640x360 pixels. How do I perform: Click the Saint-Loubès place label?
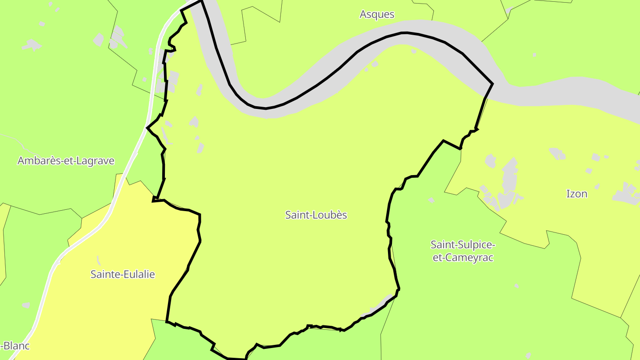pos(316,215)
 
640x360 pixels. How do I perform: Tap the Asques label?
pos(377,14)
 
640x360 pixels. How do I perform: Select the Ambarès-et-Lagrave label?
pos(66,161)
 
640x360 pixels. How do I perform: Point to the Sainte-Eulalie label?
pos(123,274)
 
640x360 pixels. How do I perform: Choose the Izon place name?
pos(576,194)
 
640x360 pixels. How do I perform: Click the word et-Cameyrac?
pos(463,257)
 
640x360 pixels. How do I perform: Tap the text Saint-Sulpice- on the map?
pos(463,245)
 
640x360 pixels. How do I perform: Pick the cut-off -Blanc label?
pos(15,346)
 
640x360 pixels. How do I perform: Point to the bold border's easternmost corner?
pos(492,84)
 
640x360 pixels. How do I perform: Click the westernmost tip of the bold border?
pos(147,128)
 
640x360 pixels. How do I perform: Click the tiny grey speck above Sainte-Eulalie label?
pos(98,259)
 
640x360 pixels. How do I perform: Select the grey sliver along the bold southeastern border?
pos(378,307)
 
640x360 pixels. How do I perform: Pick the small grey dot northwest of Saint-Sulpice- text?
pos(431,200)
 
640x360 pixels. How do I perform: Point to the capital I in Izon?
pos(568,194)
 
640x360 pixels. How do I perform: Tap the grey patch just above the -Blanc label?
pos(26,305)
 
